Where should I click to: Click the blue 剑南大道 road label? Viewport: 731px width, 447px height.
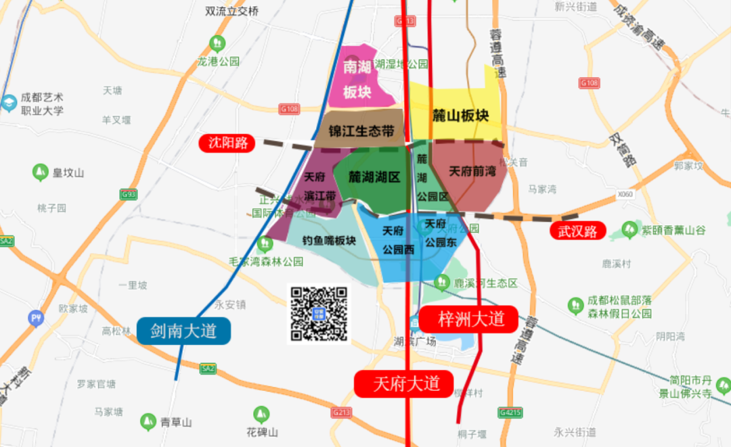tap(183, 331)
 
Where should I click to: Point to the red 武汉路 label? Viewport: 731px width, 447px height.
tap(577, 231)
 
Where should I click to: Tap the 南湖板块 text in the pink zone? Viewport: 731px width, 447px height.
tap(357, 80)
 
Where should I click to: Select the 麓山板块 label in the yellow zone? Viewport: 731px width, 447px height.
tap(460, 116)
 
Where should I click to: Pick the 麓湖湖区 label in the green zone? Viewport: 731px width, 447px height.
tap(374, 177)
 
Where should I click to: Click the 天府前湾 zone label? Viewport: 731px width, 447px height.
tap(472, 171)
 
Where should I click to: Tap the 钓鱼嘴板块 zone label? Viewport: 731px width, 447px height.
tap(329, 240)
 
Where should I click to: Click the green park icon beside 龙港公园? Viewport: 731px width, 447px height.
tap(218, 44)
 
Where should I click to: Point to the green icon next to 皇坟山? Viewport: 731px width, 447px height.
tap(40, 172)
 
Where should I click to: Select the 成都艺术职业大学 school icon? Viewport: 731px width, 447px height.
tap(9, 103)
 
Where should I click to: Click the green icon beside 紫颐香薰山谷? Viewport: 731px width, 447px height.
tap(631, 230)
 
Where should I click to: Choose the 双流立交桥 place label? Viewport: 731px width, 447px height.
tap(232, 11)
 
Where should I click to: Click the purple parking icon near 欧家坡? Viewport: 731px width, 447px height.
tap(35, 318)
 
